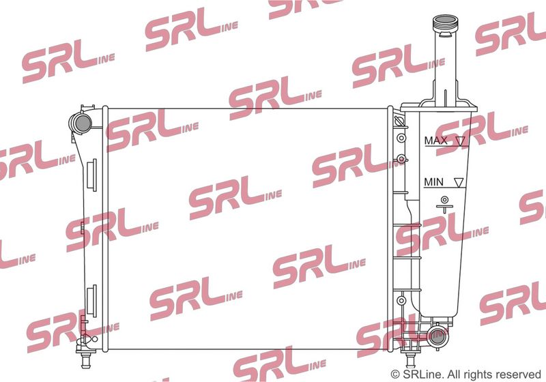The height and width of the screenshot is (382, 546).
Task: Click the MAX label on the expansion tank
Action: click(435, 141)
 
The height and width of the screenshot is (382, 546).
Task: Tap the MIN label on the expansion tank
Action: click(433, 181)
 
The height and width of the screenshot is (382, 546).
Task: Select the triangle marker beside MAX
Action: click(461, 141)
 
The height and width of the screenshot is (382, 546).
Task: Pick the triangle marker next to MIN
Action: click(459, 182)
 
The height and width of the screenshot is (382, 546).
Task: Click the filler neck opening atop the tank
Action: click(445, 19)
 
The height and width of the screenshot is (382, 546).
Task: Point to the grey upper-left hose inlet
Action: click(83, 123)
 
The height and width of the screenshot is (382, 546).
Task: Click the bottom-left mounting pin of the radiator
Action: click(85, 360)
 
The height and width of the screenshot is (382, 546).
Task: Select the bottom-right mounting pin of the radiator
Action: click(411, 359)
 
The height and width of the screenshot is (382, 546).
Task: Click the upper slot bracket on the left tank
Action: click(94, 175)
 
